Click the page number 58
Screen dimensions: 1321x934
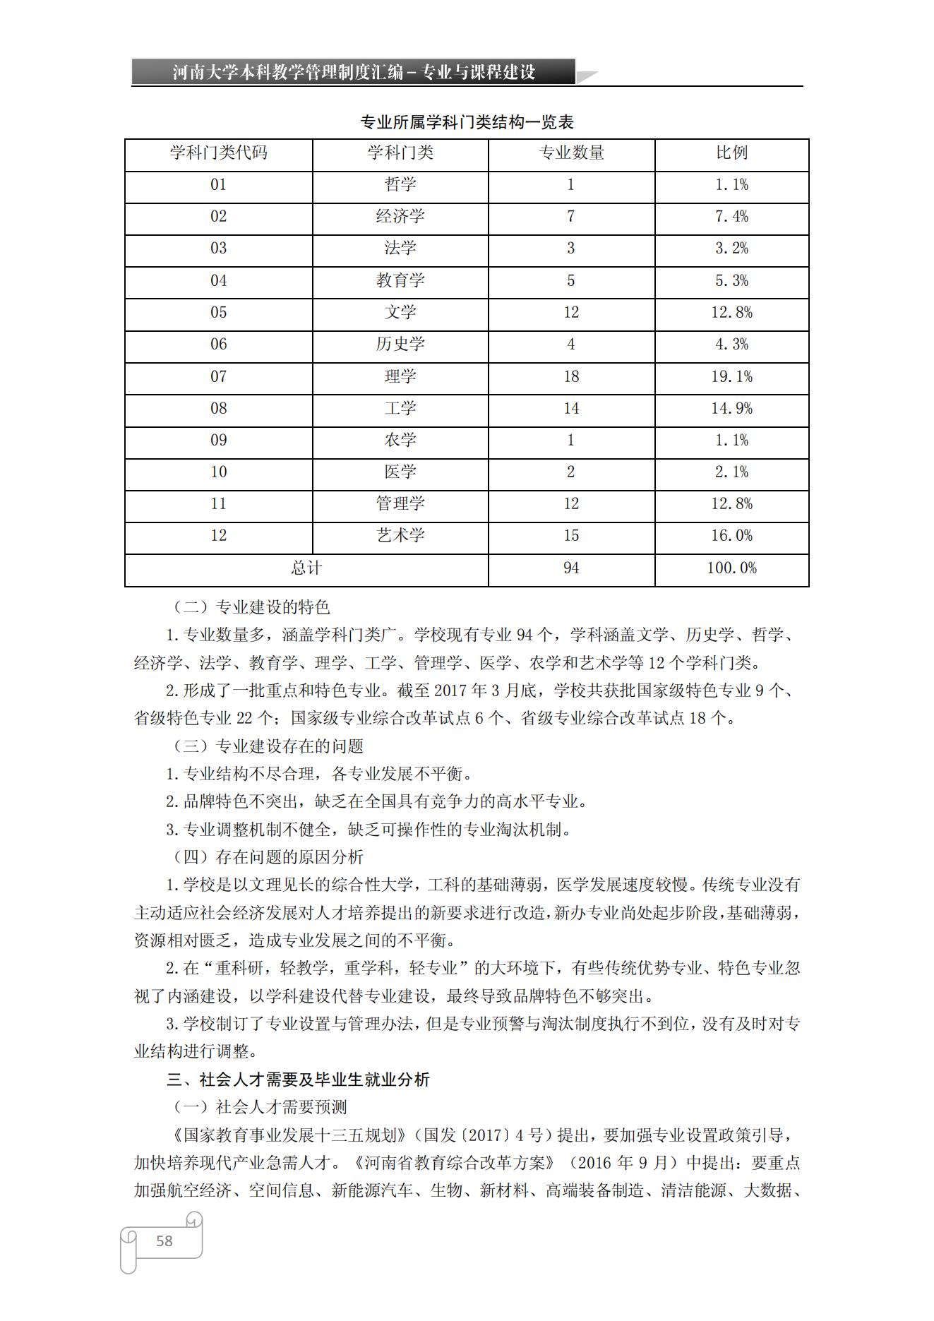pyautogui.click(x=164, y=1241)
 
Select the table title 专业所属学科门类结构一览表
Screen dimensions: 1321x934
pyautogui.click(x=467, y=122)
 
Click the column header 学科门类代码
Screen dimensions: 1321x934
pyautogui.click(x=219, y=153)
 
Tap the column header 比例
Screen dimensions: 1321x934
pyautogui.click(x=731, y=153)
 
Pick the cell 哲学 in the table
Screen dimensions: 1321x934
pyautogui.click(x=400, y=185)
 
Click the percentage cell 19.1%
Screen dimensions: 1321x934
pyautogui.click(x=731, y=376)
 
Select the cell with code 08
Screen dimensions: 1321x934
pyautogui.click(x=219, y=408)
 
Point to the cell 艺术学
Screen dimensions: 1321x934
pyautogui.click(x=400, y=536)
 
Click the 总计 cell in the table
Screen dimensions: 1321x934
pyautogui.click(x=306, y=568)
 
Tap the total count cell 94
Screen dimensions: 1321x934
pyautogui.click(x=571, y=568)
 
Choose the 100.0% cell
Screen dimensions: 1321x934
pyautogui.click(x=731, y=568)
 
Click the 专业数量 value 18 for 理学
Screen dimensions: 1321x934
pyautogui.click(x=571, y=376)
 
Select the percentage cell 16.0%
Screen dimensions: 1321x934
pyautogui.click(x=731, y=536)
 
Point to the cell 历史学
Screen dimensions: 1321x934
pyautogui.click(x=400, y=345)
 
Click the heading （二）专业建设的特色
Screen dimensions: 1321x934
pyautogui.click(x=251, y=607)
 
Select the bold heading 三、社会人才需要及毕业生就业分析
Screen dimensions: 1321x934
pyautogui.click(x=298, y=1080)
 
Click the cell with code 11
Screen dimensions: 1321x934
pyautogui.click(x=219, y=504)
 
